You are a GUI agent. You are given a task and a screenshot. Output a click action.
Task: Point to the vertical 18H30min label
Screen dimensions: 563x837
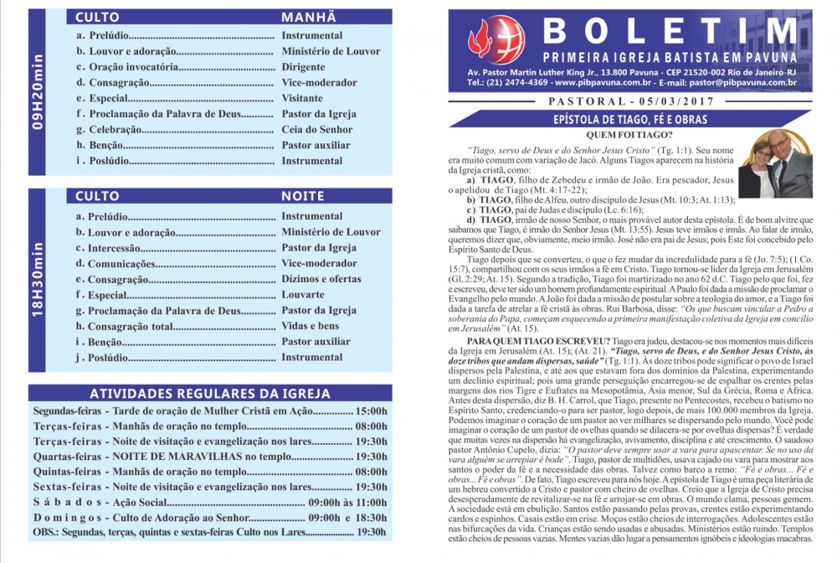pos(38,281)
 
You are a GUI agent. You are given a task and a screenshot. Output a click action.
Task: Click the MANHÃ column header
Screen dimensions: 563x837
pos(308,17)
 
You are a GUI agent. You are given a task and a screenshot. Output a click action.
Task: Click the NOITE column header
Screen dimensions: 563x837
pos(302,196)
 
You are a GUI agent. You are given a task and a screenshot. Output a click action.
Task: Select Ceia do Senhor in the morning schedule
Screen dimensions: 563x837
pos(317,129)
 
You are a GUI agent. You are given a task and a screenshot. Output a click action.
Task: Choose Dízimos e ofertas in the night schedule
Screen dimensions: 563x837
pos(321,279)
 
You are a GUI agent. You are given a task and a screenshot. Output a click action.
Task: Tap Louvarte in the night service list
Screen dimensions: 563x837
pos(303,295)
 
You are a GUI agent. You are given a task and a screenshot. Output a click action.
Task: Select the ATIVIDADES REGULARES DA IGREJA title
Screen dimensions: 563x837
pos(209,394)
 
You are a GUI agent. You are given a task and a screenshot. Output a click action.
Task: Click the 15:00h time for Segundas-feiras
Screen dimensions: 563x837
pos(371,411)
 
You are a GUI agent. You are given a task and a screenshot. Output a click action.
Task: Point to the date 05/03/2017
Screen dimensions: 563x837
pos(656,102)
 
